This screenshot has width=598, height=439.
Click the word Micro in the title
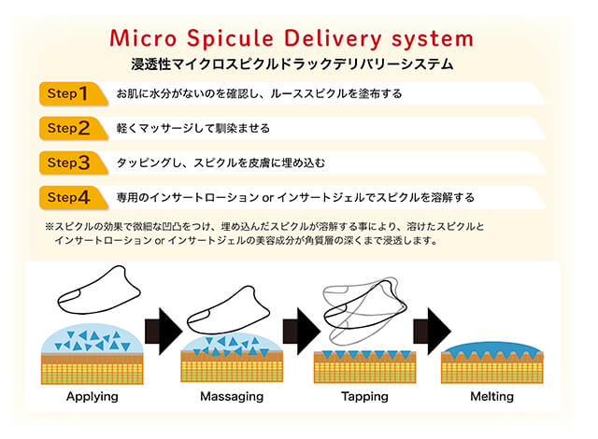(143, 38)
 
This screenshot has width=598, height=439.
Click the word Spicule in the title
(231, 39)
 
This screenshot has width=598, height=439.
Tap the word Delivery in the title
(333, 39)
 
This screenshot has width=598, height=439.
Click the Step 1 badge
(73, 93)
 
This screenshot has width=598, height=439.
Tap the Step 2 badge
(73, 128)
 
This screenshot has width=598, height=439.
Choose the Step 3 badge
(73, 163)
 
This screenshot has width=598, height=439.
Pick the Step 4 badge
(73, 197)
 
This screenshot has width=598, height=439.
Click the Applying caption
(93, 397)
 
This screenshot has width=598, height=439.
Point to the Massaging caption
(232, 397)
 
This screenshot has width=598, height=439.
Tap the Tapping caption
(365, 397)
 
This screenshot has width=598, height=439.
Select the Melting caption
(492, 397)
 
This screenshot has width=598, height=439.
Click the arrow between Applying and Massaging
(164, 332)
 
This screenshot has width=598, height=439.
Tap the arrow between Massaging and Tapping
(301, 332)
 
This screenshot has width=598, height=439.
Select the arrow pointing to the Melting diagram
(432, 332)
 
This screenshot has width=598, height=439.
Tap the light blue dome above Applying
(93, 339)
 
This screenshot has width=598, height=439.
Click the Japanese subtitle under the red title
(292, 64)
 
